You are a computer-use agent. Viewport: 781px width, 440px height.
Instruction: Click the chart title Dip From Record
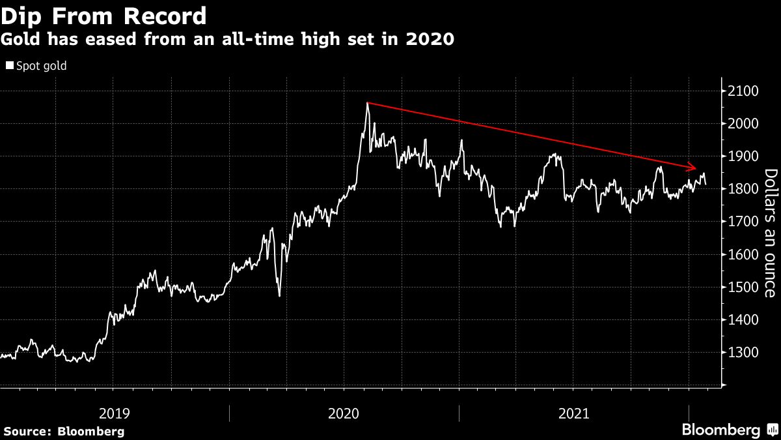pyautogui.click(x=104, y=15)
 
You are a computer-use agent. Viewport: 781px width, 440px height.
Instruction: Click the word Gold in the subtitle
pyautogui.click(x=19, y=39)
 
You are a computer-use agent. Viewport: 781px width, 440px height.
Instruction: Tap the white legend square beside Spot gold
pyautogui.click(x=8, y=66)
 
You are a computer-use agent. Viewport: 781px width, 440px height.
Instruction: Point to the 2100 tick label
pyautogui.click(x=743, y=91)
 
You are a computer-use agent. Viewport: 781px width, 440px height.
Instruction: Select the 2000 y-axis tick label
pyautogui.click(x=743, y=124)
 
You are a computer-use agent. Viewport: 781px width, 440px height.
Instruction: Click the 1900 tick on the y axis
pyautogui.click(x=743, y=156)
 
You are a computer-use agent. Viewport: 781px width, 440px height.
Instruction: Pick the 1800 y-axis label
pyautogui.click(x=743, y=189)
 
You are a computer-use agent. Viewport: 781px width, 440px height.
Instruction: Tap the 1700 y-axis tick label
pyautogui.click(x=743, y=222)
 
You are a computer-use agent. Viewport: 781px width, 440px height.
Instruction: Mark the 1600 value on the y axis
pyautogui.click(x=743, y=254)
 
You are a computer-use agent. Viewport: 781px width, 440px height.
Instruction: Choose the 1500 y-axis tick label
pyautogui.click(x=743, y=287)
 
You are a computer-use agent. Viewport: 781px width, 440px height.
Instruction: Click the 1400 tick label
pyautogui.click(x=743, y=320)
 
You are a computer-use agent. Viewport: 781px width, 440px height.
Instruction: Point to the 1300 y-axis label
pyautogui.click(x=743, y=353)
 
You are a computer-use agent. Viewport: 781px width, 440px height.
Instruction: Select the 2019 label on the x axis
pyautogui.click(x=115, y=413)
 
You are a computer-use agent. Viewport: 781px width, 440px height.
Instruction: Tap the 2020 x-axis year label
pyautogui.click(x=344, y=413)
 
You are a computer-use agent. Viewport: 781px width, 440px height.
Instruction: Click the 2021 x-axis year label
pyautogui.click(x=573, y=413)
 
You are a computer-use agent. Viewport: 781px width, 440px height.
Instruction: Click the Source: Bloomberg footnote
pyautogui.click(x=63, y=431)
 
